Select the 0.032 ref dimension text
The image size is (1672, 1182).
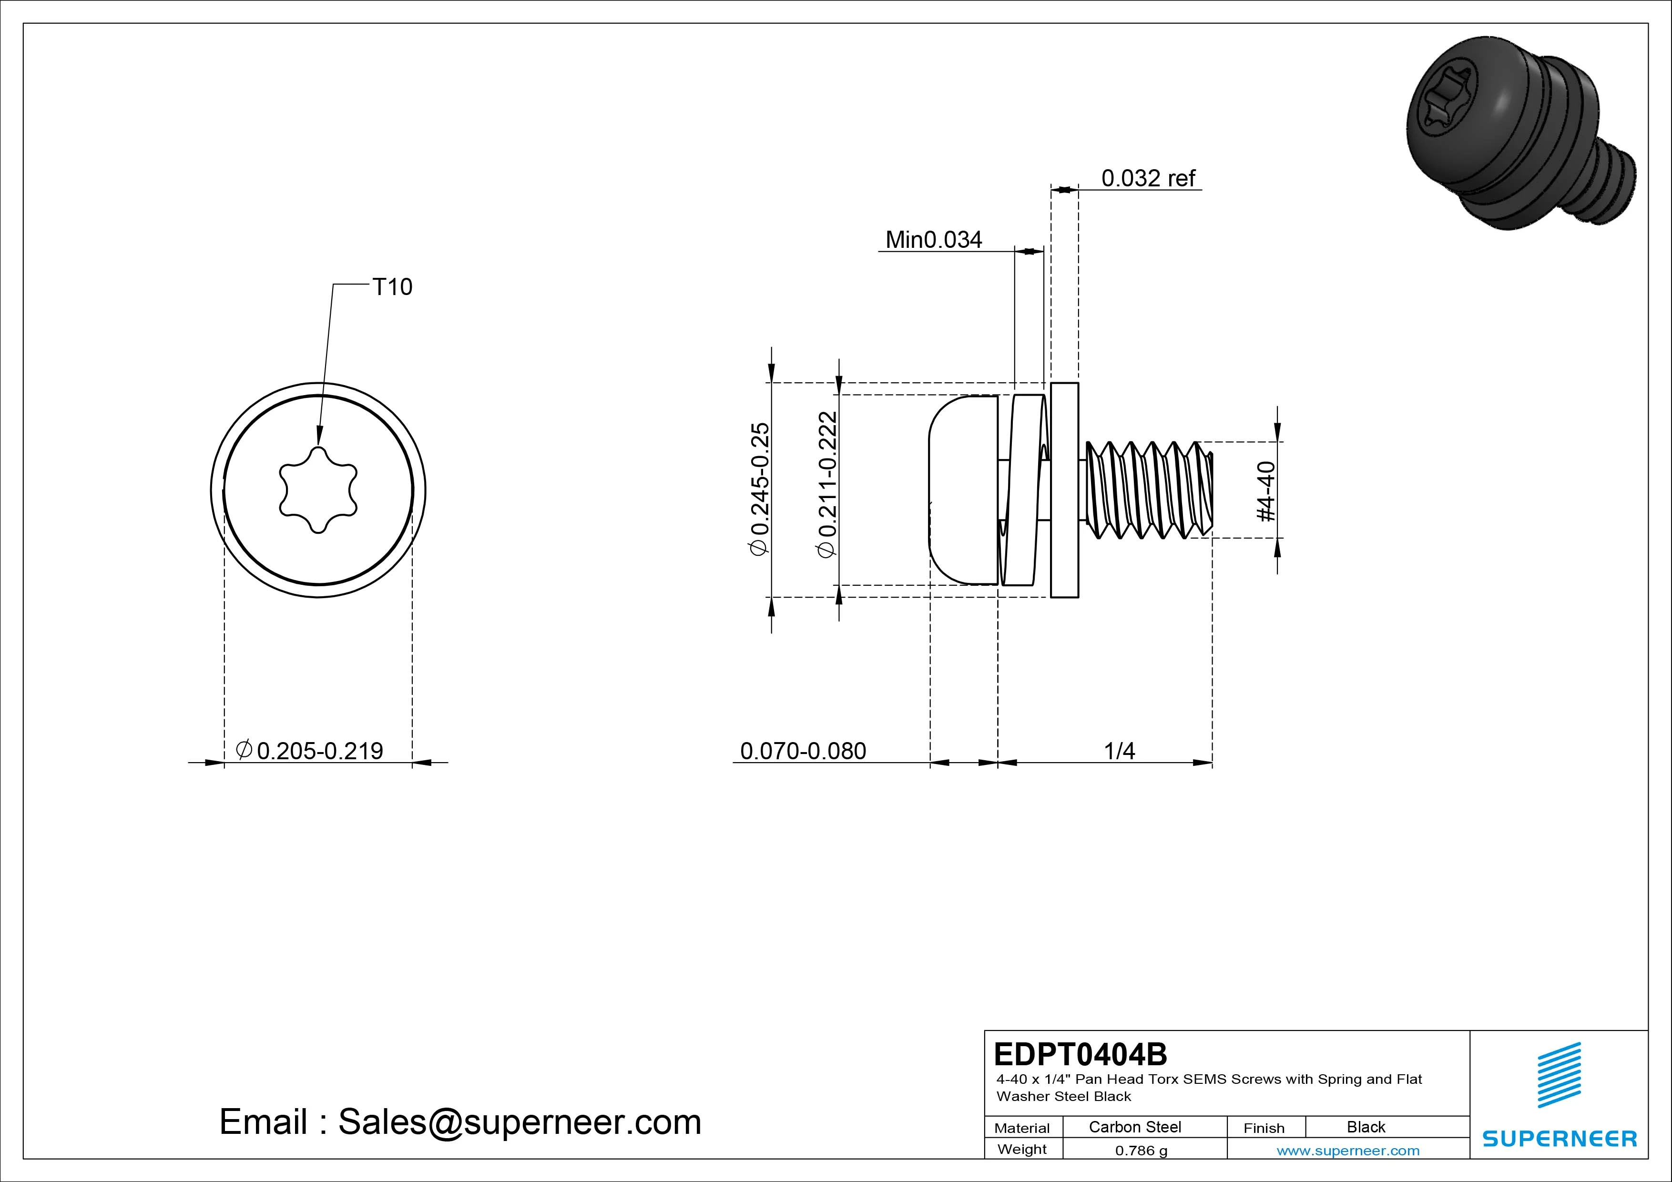click(1148, 178)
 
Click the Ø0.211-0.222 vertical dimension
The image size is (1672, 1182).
click(827, 484)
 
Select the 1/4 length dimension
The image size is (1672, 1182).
click(1119, 750)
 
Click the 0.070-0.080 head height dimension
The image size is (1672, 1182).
click(803, 750)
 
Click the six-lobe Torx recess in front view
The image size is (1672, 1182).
click(318, 490)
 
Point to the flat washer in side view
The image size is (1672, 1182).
click(1065, 489)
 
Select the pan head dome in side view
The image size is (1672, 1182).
click(961, 489)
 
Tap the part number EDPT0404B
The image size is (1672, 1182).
click(1080, 1054)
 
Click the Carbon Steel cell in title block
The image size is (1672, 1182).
click(1134, 1127)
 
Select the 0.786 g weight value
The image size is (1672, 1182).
click(1141, 1151)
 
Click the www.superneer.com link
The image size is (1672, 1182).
click(1348, 1151)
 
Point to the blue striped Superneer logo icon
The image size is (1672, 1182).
click(1559, 1075)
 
